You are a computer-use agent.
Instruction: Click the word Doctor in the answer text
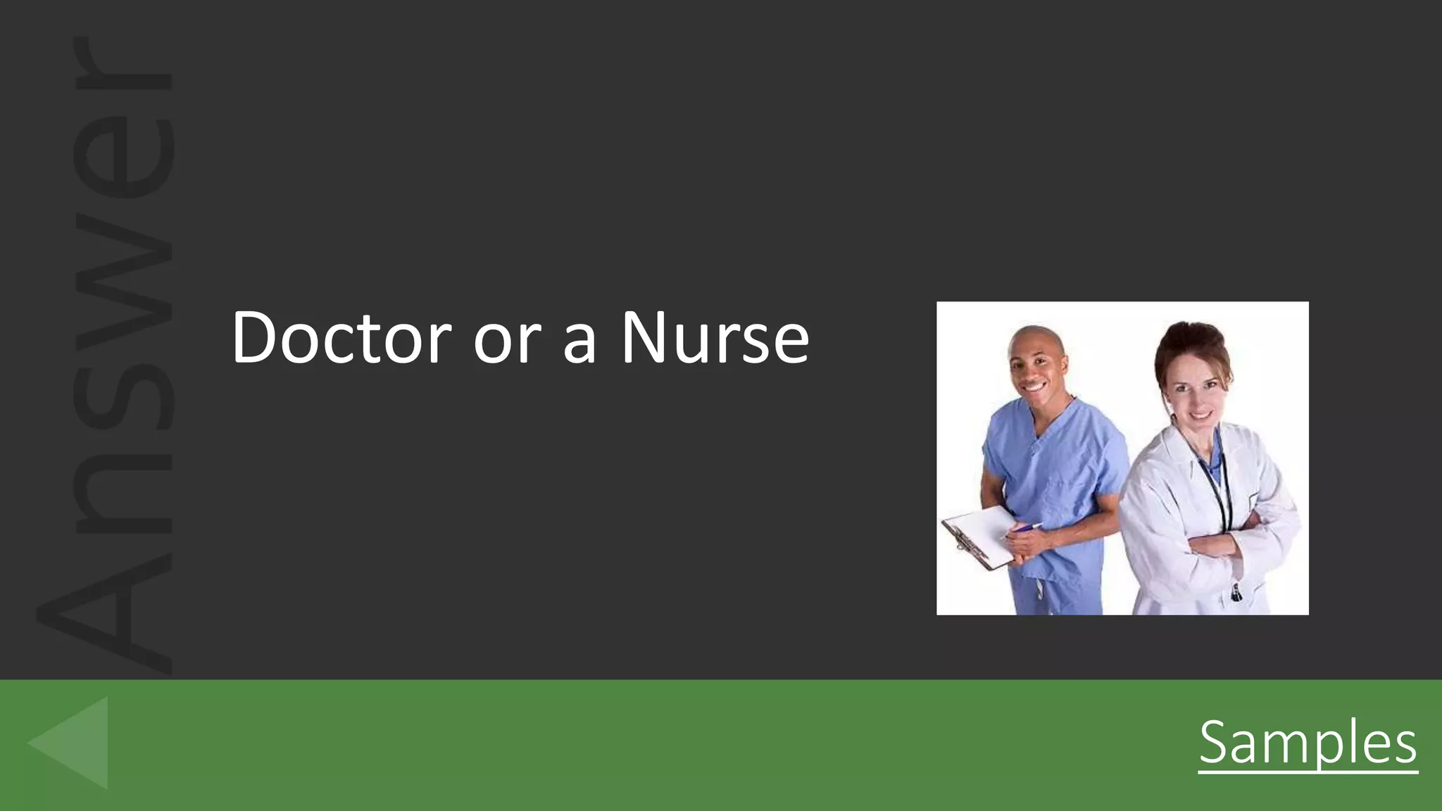341,338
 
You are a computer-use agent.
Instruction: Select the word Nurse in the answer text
714,338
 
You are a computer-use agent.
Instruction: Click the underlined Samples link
1308,743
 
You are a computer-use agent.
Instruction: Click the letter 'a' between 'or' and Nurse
580,344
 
